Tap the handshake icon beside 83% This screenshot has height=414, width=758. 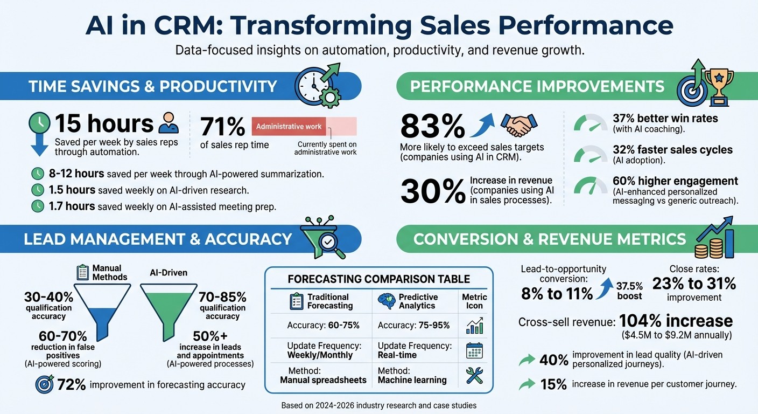coord(518,125)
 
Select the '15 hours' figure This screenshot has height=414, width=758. coord(104,123)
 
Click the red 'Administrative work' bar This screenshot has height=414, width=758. coord(289,127)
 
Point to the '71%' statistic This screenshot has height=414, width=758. coord(222,127)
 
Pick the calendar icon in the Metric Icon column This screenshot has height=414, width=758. coord(474,350)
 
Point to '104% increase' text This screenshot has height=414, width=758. coord(676,321)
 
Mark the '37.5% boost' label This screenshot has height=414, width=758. coord(629,291)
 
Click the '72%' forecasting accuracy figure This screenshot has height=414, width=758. coord(72,384)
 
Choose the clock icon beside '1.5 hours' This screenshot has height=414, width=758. coord(38,190)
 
